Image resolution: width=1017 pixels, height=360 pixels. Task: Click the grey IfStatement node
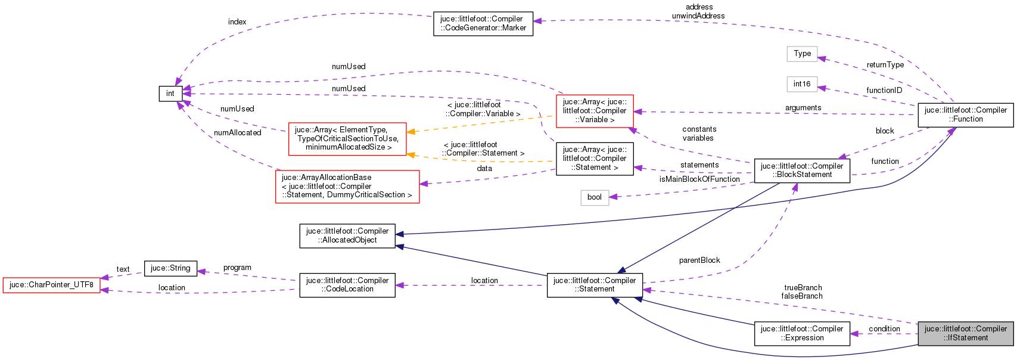(965, 333)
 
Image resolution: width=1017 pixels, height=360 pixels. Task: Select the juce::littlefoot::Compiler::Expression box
(801, 333)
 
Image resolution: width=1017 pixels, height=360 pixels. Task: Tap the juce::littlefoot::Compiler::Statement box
(594, 285)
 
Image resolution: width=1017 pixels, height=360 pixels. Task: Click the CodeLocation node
(347, 285)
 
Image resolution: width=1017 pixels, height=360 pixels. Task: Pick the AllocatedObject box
(347, 235)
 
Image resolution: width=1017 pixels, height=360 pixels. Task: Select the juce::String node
(170, 268)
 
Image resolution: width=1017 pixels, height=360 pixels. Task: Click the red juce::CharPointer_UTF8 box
(51, 285)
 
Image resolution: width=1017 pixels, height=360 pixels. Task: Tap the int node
(170, 94)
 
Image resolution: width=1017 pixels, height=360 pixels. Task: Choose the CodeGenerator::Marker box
(483, 23)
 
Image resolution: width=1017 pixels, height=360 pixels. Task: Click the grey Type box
(802, 54)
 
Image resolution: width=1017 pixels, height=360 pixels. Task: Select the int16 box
(801, 84)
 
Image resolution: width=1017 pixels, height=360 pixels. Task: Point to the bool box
(594, 197)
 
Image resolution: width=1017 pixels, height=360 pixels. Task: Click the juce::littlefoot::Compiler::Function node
(965, 114)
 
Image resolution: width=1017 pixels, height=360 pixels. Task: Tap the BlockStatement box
(801, 170)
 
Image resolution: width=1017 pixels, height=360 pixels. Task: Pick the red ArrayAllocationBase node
(347, 187)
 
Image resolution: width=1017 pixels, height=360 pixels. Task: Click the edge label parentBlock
(699, 260)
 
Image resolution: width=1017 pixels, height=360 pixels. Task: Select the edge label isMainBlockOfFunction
(699, 179)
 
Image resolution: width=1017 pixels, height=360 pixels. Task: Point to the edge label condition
(884, 329)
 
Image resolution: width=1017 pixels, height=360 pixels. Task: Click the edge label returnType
(885, 65)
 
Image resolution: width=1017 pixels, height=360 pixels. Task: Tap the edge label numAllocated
(237, 133)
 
